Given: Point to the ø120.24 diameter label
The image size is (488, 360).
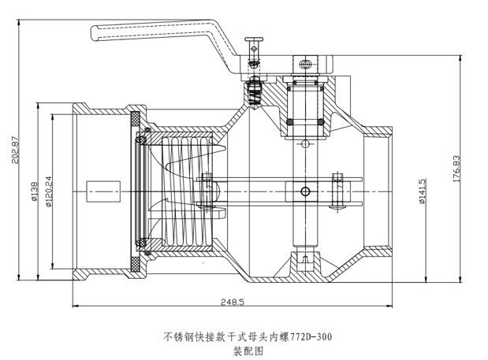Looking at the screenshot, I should pos(49,190).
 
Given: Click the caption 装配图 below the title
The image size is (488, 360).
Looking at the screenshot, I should pos(245,351).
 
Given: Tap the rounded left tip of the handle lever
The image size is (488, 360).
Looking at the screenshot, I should pos(95,33).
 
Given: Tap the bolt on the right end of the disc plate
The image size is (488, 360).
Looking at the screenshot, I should pos(340,190).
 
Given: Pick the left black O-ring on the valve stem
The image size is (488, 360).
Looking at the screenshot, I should pos(290,122).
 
